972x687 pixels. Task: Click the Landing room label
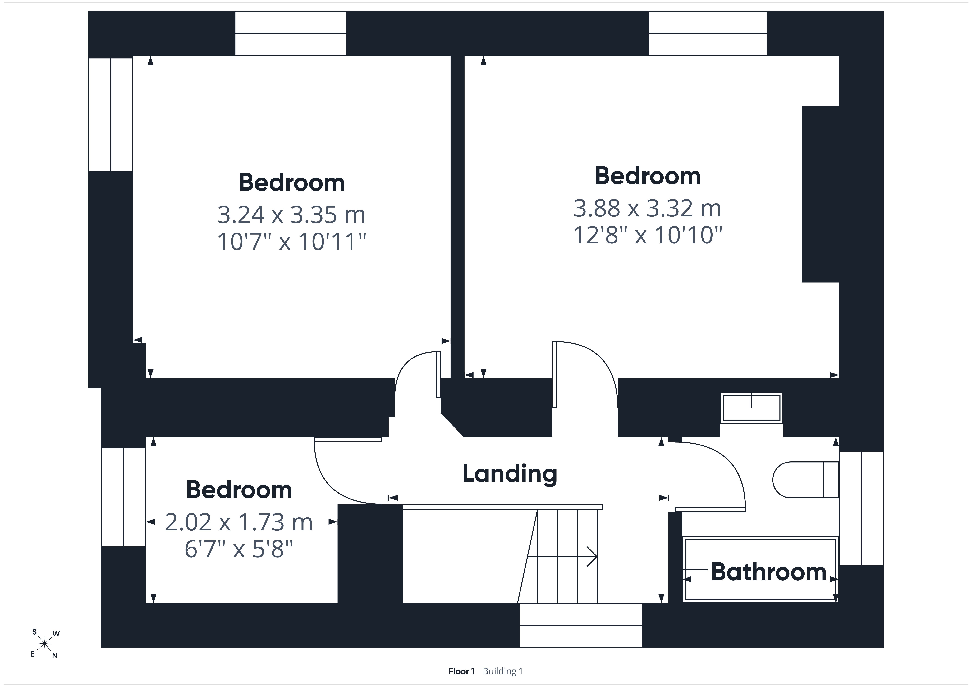point(510,474)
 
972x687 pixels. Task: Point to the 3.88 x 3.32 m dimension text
point(647,208)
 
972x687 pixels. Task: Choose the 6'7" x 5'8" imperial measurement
point(239,549)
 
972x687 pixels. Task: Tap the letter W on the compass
point(56,634)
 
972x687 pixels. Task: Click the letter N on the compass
point(55,656)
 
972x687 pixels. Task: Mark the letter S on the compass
point(34,632)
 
